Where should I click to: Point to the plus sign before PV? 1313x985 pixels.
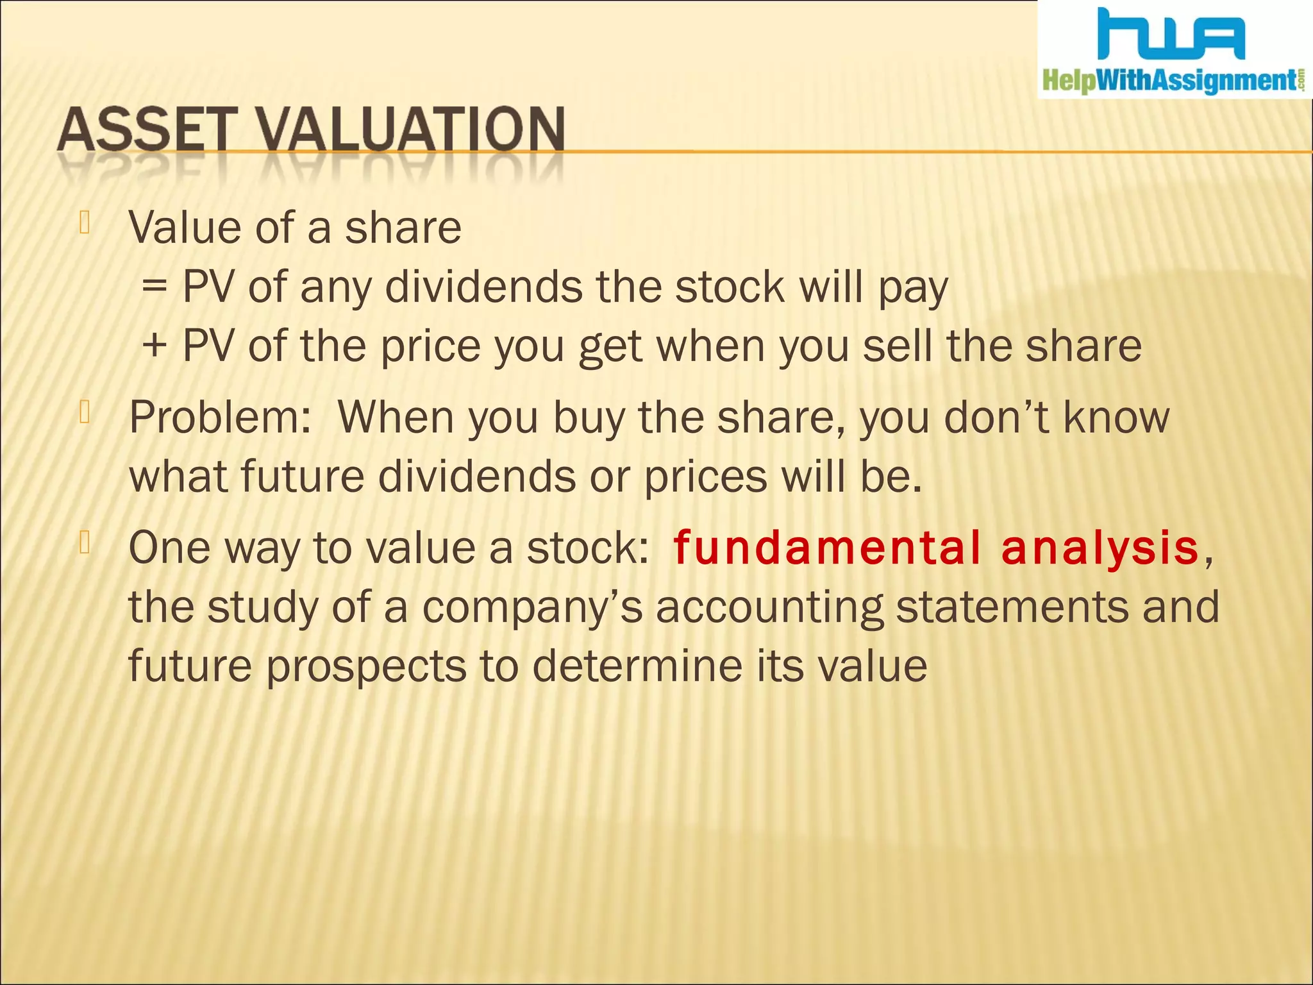[155, 346]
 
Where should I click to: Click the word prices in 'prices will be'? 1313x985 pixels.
[705, 477]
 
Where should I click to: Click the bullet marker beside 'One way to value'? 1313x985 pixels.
[84, 543]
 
